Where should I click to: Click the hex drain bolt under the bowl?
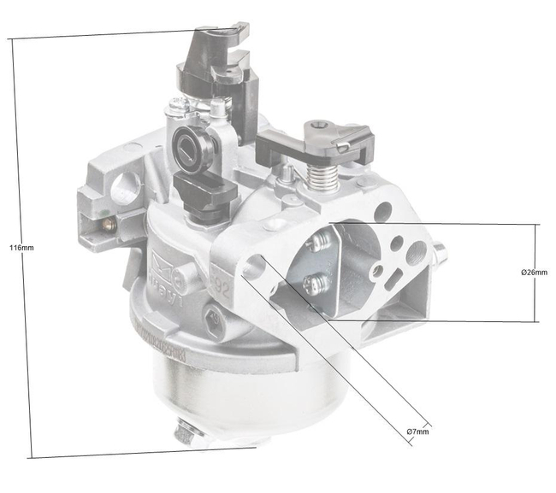tap(184, 434)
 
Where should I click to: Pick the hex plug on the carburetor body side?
tap(215, 321)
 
